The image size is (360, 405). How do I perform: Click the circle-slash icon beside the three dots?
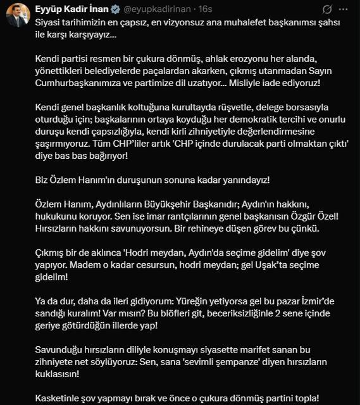click(x=327, y=9)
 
